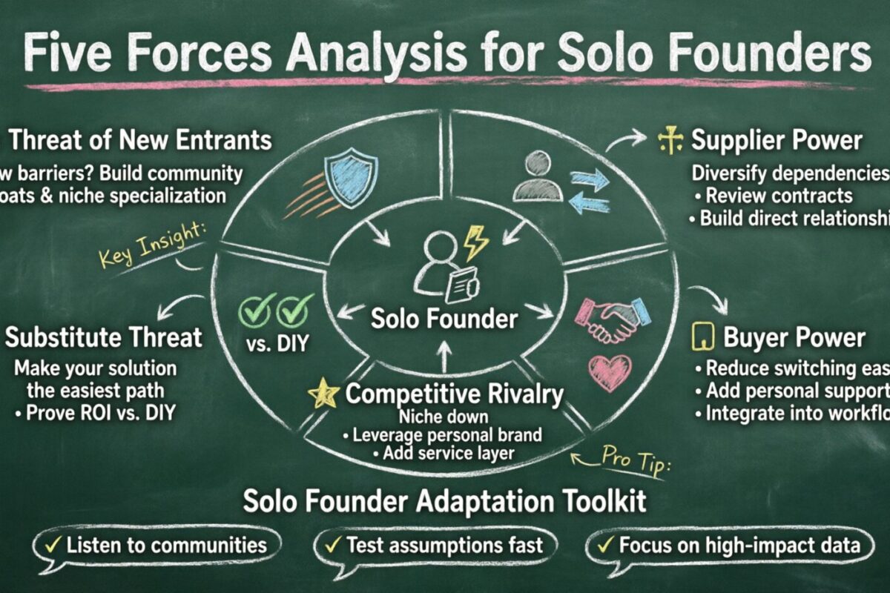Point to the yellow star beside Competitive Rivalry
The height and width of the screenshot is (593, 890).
(x=323, y=394)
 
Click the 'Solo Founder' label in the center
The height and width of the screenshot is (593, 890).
(x=444, y=319)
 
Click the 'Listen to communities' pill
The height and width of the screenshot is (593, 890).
(x=157, y=546)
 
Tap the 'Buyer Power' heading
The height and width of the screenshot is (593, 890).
(x=794, y=338)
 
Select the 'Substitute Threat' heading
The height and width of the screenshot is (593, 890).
(x=104, y=338)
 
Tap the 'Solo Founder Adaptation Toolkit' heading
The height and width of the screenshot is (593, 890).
(x=445, y=501)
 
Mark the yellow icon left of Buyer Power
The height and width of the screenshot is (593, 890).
(x=702, y=337)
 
